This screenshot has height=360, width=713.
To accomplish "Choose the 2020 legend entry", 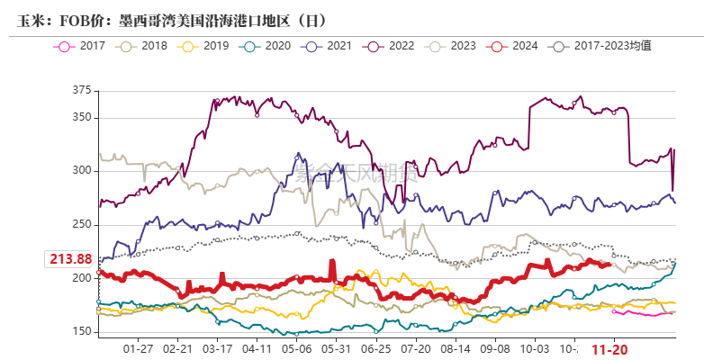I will (x=266, y=45).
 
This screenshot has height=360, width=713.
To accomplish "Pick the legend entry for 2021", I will (x=329, y=45).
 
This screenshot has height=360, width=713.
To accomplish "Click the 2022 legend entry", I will (x=391, y=45).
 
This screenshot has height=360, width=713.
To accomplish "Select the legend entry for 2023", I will (x=453, y=45).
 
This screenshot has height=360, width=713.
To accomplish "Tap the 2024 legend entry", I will (x=515, y=45).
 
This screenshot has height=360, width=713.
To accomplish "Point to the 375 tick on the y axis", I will (x=82, y=90).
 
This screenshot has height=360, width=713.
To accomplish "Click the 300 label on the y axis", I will (x=82, y=171).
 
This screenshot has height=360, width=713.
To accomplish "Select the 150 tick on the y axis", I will (x=82, y=332).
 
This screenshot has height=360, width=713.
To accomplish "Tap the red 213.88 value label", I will (x=70, y=259).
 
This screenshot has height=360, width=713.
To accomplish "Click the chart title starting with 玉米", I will (x=171, y=19).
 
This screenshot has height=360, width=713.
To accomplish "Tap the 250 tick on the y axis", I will (x=82, y=225).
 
